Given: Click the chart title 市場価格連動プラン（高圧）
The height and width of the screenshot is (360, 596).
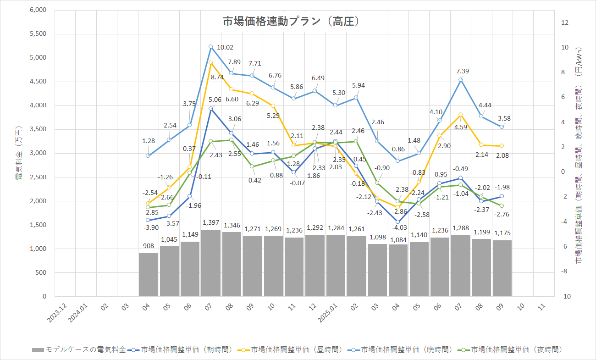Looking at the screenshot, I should tap(290, 22).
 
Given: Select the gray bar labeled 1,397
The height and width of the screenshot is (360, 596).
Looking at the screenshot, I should tap(210, 263).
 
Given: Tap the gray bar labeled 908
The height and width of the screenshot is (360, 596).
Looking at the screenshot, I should tap(148, 275).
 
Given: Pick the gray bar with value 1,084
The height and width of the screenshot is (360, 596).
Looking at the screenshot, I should tap(398, 270).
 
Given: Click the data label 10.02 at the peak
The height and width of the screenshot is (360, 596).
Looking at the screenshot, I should tap(225, 47).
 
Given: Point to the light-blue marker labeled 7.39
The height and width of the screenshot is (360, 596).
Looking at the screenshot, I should tap(460, 80).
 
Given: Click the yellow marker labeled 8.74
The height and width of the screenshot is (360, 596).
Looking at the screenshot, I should tap(210, 63).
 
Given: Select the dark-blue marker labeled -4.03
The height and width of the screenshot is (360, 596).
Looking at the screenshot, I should tap(398, 222).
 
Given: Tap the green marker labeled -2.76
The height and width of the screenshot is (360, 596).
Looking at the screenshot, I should tap(502, 206).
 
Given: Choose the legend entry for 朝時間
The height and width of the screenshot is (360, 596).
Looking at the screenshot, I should tap(185, 349).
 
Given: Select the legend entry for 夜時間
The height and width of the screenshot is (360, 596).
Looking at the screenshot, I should tap(515, 349).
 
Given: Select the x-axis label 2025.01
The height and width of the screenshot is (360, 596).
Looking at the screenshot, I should tap(331, 315).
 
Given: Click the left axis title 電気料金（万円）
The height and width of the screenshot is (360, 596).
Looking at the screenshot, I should tap(18, 153).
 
